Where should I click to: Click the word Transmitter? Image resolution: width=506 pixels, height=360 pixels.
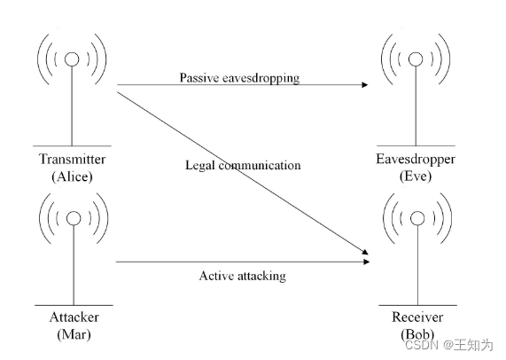73,160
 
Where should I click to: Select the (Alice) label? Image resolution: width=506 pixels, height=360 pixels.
72,176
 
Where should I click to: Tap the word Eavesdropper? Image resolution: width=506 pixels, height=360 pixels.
416,160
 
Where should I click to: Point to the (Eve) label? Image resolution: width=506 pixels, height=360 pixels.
416,176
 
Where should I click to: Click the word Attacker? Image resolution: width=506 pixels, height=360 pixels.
74,317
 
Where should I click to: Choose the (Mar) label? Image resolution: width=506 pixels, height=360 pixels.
74,334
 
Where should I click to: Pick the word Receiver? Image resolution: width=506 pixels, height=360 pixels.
417,317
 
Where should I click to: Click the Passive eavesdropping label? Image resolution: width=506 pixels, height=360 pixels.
240,78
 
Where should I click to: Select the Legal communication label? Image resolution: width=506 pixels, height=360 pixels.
243,165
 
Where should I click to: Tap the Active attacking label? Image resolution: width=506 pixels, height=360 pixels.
242,276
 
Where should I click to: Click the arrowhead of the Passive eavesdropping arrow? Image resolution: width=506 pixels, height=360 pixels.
365,84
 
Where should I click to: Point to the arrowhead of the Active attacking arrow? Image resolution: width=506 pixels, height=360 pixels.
366,262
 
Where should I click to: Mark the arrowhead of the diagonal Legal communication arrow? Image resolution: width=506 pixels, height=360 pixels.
365,252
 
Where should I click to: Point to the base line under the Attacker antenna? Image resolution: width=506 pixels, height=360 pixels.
74,305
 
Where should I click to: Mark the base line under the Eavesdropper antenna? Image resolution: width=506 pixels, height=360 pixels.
416,146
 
